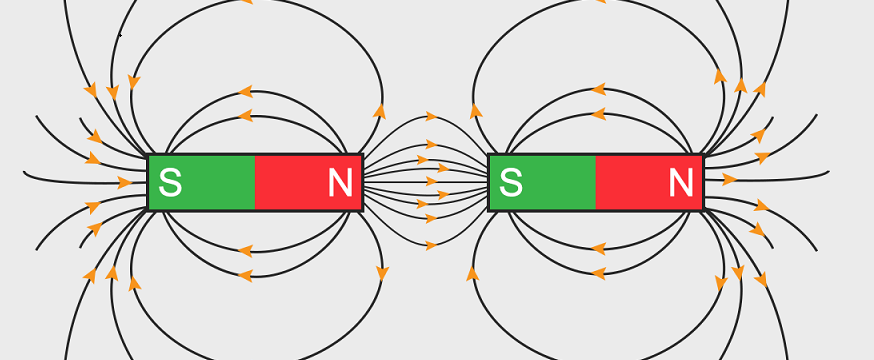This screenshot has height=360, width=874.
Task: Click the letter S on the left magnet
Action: (171, 183)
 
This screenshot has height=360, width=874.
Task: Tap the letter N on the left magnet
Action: (340, 183)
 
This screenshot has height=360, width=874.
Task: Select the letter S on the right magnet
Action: (511, 183)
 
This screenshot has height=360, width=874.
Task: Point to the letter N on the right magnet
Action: (681, 183)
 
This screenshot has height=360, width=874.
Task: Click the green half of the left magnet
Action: (202, 183)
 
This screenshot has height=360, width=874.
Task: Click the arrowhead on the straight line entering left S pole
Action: (124, 182)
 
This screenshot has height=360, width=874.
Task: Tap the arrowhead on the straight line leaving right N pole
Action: (729, 180)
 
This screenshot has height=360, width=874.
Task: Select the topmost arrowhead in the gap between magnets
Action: (431, 117)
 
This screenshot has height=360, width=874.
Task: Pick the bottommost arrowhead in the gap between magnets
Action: (431, 245)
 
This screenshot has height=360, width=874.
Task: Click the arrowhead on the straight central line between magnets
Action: (432, 182)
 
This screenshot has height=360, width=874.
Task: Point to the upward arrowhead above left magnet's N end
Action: (380, 111)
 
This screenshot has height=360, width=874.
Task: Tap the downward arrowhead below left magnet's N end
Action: (382, 272)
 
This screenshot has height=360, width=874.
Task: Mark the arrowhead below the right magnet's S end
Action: (472, 272)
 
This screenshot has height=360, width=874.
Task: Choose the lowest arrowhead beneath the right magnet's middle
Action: (598, 273)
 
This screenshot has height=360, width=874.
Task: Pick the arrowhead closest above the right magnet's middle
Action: (598, 113)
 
